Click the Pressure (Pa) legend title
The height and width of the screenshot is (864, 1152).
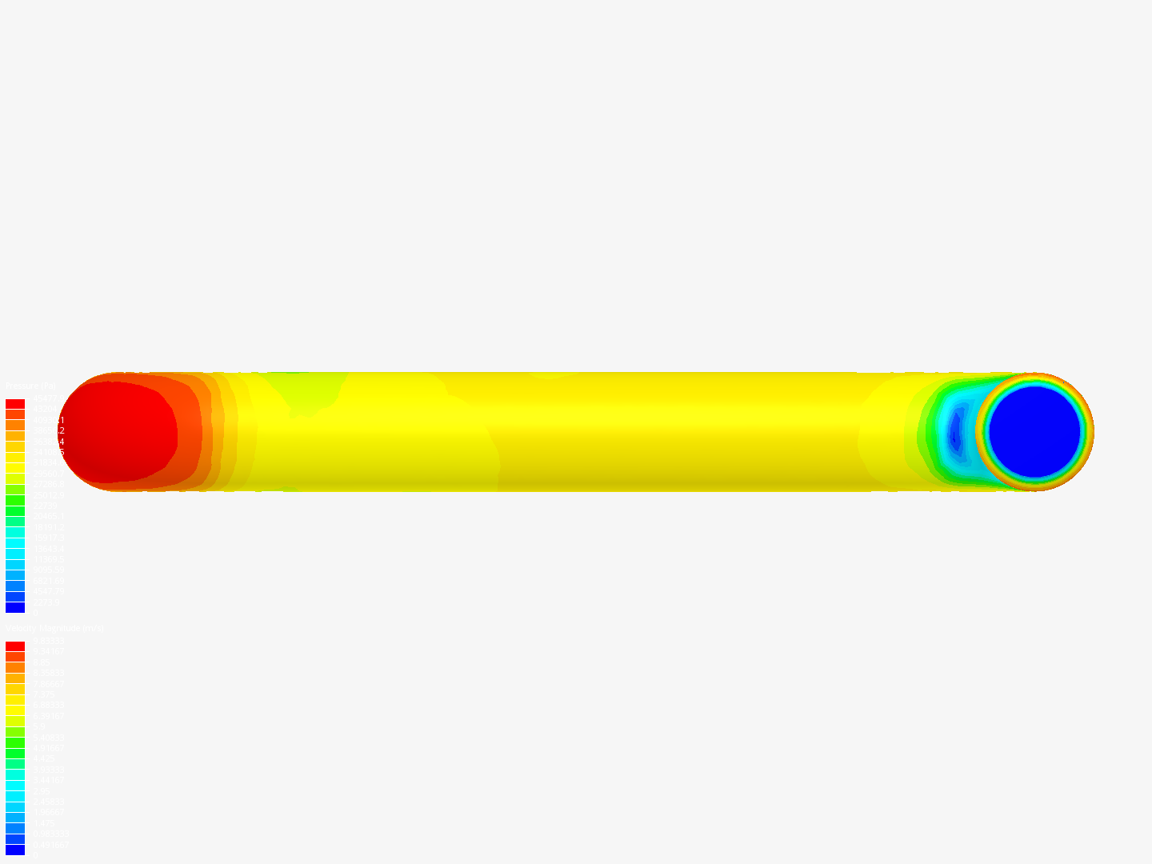31,386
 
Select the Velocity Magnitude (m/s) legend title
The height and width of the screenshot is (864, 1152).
55,629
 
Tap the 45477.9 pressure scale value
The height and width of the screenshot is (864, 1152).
47,398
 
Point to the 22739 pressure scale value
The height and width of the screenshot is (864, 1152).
46,506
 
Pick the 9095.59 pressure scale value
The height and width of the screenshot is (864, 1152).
48,570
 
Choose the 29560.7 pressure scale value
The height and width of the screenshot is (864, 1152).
48,474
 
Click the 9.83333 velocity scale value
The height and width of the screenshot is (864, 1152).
48,641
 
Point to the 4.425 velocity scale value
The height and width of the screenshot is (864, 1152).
43,759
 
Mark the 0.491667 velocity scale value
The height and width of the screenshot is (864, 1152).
50,845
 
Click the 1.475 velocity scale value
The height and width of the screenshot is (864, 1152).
43,823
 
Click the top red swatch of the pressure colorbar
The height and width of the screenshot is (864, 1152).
15,404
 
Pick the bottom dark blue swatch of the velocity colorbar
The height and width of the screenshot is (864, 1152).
15,850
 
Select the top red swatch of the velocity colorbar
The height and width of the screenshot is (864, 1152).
15,646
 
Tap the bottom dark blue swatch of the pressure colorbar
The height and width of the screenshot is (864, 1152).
15,607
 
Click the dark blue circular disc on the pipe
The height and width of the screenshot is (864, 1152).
1034,432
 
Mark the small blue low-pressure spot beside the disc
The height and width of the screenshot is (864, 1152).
954,433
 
